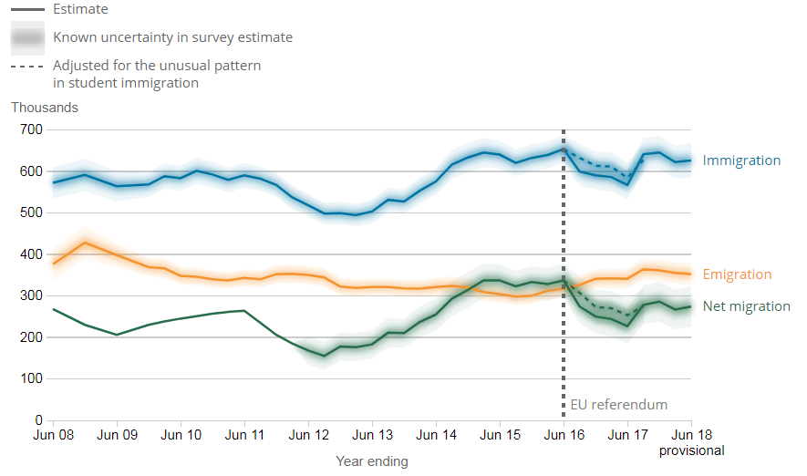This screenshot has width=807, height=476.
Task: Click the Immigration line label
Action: tap(741, 160)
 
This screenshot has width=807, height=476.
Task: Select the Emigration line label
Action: tap(737, 274)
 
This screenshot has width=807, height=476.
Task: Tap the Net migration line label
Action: tap(746, 306)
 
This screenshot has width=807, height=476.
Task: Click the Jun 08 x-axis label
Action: tap(53, 436)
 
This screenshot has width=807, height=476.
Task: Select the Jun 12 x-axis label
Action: tap(310, 436)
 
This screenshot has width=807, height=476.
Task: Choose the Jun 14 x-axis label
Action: tap(436, 436)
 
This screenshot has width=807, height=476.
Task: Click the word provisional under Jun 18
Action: tap(691, 450)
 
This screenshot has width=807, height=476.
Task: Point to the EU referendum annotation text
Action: tap(619, 405)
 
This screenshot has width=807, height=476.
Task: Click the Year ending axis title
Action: tap(372, 461)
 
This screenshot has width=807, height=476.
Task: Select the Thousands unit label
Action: tap(45, 108)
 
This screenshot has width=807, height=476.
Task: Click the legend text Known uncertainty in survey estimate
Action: tap(173, 38)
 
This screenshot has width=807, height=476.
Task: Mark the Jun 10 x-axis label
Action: tap(181, 436)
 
